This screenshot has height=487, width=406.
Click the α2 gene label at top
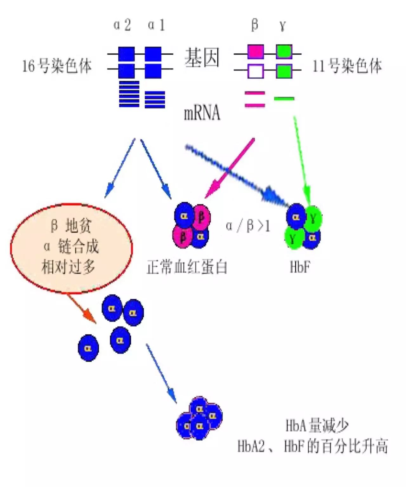(122, 25)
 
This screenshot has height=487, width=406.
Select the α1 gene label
(157, 25)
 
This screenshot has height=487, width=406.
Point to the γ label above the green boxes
(283, 25)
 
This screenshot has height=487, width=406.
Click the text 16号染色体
(57, 66)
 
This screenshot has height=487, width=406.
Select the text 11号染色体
(347, 66)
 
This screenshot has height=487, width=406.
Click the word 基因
(202, 58)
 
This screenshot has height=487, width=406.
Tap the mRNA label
(202, 113)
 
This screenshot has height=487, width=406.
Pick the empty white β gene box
(255, 71)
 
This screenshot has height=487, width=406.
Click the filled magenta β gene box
(255, 51)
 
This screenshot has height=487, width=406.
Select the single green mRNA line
(284, 98)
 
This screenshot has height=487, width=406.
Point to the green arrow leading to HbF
(301, 159)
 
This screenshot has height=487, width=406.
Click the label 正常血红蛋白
(187, 267)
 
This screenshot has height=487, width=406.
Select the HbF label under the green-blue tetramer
(300, 267)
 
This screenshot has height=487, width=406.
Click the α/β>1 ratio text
(248, 226)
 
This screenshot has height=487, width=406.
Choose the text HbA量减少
(317, 425)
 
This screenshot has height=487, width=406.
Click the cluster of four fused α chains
(199, 417)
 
